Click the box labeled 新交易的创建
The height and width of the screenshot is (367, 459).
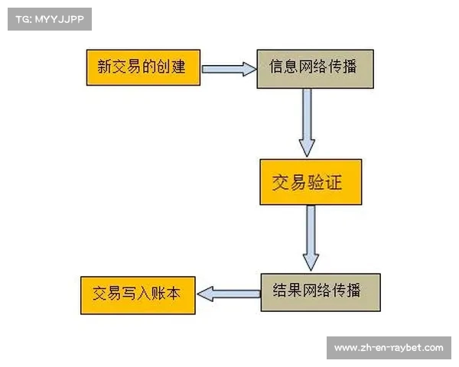tap(143, 67)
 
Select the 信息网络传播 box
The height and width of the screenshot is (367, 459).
tap(314, 68)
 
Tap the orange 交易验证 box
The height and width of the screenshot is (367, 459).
tap(310, 183)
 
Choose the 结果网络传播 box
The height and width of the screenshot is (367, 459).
tap(320, 291)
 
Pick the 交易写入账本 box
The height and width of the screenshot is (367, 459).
tap(138, 294)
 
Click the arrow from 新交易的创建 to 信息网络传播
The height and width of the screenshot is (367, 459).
tap(228, 69)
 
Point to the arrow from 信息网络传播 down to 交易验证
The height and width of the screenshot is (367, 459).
tap(307, 122)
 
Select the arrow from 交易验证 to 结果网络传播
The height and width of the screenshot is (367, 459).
tap(310, 238)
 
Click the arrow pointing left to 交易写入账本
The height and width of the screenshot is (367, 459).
tap(228, 293)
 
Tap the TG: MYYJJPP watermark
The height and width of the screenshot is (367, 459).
tap(50, 19)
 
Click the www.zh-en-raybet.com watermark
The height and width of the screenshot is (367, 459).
tap(389, 348)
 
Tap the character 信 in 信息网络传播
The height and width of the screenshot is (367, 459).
tap(278, 67)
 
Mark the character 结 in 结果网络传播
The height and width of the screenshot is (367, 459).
tap(281, 291)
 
